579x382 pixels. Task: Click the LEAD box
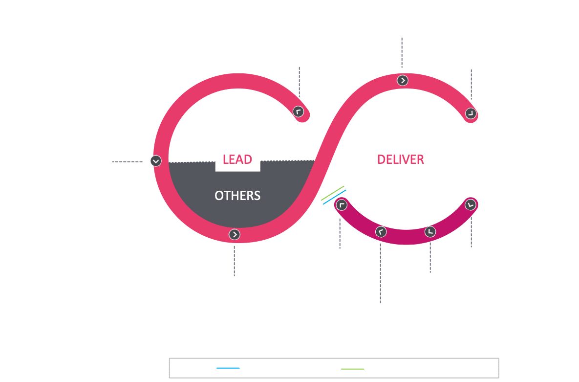coord(237,159)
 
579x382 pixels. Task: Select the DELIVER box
coord(401,159)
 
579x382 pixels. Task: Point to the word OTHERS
coord(237,196)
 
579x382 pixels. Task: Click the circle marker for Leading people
coord(155,160)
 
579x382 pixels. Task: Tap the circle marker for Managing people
coord(235,234)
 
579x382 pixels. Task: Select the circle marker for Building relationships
coord(402,81)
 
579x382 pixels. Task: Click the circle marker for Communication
coord(470,113)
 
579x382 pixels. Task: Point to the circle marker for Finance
coord(430,231)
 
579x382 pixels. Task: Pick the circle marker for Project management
coord(342,204)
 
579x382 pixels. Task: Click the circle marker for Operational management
coord(470,204)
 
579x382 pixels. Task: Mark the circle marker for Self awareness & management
coord(298,111)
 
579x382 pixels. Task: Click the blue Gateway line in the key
coord(228,368)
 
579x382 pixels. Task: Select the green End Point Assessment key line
coord(352,368)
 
